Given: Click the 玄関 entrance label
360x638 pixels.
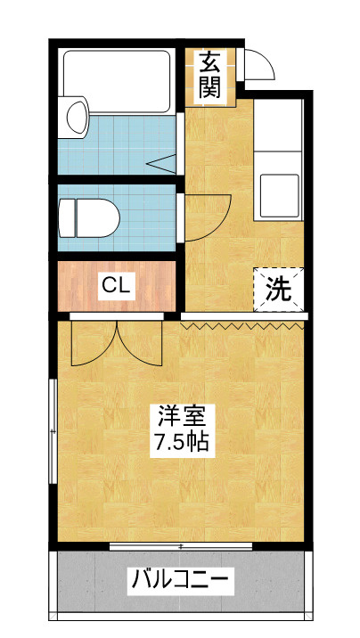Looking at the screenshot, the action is (x=209, y=76).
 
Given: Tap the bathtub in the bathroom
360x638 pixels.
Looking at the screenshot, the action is (x=117, y=81).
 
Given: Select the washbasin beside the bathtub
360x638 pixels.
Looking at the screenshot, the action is (x=74, y=118).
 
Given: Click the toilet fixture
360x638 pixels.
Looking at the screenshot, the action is (x=89, y=218).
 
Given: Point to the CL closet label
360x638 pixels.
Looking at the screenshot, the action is (x=116, y=286).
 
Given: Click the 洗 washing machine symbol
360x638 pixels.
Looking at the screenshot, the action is (x=279, y=290).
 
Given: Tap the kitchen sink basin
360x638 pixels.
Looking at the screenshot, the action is (x=279, y=196).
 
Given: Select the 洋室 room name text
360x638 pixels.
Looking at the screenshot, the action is (x=180, y=416).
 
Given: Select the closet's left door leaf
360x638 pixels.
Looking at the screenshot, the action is (x=94, y=343).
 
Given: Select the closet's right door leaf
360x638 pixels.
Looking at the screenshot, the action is (x=140, y=341).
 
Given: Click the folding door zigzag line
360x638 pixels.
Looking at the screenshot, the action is (x=243, y=325).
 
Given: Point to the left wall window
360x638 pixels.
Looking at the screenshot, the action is (x=53, y=431).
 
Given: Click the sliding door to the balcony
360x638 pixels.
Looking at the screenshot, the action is (x=181, y=546).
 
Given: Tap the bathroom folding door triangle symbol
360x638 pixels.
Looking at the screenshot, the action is (x=162, y=164).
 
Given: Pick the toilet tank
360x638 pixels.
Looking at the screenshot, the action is (x=67, y=218).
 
